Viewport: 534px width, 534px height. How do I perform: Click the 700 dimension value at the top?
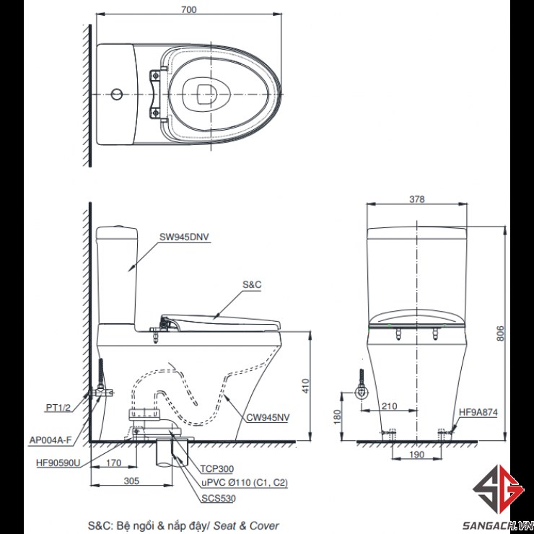point(188,9)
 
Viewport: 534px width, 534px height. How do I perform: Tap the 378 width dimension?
point(417,199)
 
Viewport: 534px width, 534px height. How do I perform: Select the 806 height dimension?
point(500,333)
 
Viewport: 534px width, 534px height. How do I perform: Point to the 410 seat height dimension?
point(305,385)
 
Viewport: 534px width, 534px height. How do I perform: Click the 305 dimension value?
point(131,481)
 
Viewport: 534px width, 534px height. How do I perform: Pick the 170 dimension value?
point(113,463)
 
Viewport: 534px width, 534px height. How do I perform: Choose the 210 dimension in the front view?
point(389,406)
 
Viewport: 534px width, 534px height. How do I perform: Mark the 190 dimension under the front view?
point(417,455)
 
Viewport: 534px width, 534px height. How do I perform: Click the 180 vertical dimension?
point(337,416)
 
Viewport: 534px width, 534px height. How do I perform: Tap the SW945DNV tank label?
point(184,237)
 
